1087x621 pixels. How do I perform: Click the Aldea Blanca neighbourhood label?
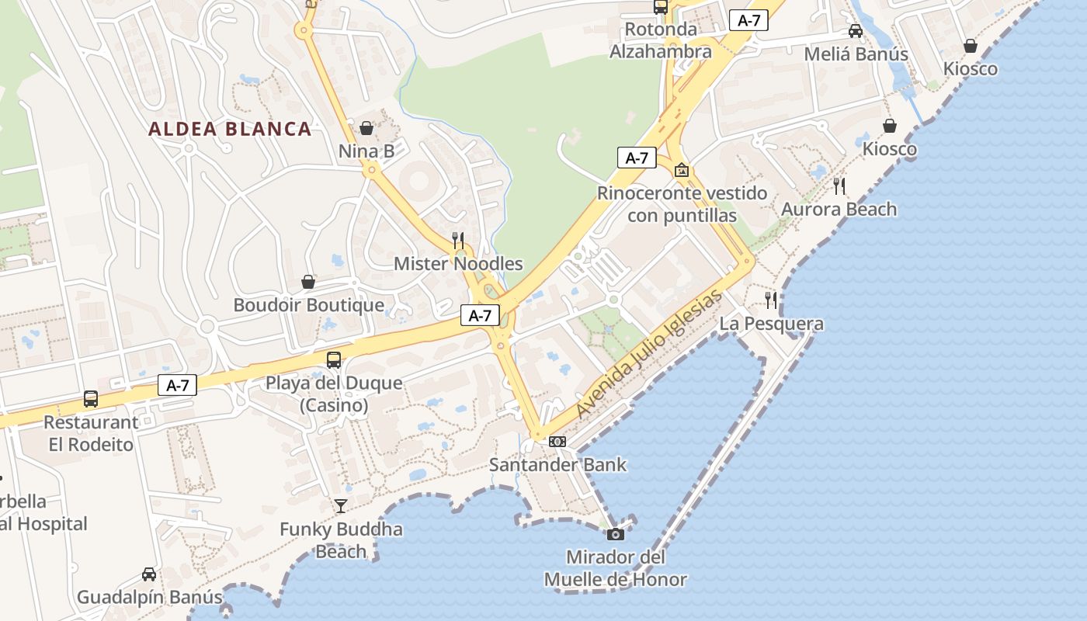(x=230, y=129)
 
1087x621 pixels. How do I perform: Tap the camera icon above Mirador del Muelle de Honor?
(x=615, y=534)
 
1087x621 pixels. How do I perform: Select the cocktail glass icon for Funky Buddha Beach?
(x=341, y=506)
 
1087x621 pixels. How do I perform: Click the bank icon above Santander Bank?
(x=557, y=442)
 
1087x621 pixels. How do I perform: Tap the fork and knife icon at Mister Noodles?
(x=458, y=240)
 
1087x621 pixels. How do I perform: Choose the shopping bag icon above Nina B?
(x=366, y=128)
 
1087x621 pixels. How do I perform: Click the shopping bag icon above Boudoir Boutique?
(x=308, y=282)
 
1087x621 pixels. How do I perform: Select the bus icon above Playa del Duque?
(x=334, y=359)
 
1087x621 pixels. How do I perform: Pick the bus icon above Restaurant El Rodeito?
(x=91, y=399)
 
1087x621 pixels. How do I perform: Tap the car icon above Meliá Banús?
(x=856, y=31)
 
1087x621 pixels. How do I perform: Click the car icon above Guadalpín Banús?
(x=149, y=574)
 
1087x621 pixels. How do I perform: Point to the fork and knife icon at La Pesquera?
(x=771, y=300)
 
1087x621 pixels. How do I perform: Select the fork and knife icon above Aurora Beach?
(x=839, y=186)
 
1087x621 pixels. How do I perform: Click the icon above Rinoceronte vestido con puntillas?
(x=682, y=170)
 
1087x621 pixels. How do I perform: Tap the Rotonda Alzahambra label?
(x=661, y=40)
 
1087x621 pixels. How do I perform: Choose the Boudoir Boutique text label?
(x=309, y=305)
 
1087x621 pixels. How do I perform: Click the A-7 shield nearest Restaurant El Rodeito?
(x=178, y=385)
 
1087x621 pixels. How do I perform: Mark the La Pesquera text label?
(x=772, y=323)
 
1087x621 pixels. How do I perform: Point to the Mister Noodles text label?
(x=458, y=264)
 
